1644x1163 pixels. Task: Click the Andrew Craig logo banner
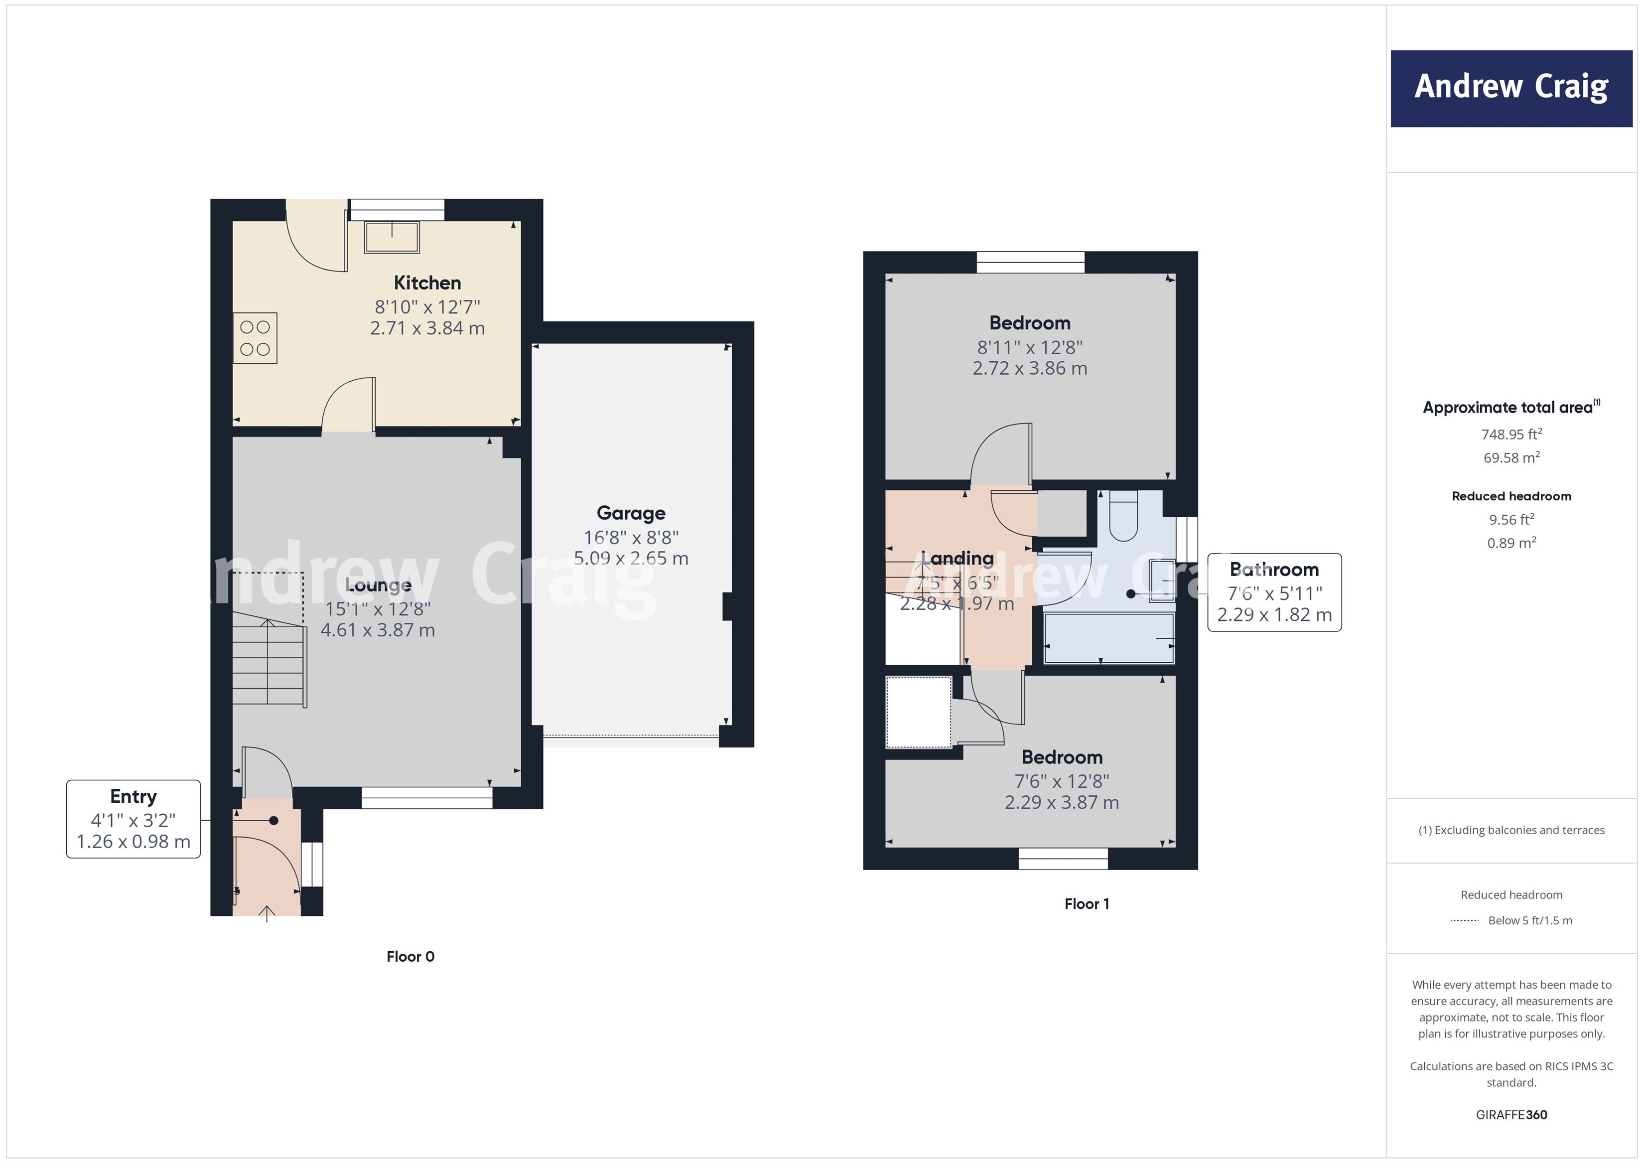coord(1511,88)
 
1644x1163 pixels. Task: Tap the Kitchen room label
coord(427,283)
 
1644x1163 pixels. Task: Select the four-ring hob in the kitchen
coord(255,338)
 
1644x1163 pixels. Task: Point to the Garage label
coord(631,513)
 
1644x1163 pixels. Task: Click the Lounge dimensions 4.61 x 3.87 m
coord(377,630)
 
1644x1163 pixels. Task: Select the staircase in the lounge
coord(269,659)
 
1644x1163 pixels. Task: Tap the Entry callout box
coord(133,819)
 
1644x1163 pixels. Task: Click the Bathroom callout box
coord(1274,592)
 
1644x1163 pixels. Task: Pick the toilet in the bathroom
coord(1123,516)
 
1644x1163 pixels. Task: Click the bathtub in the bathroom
coord(1109,637)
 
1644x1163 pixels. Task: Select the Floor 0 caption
coord(411,957)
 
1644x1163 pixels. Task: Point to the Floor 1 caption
coord(1086,904)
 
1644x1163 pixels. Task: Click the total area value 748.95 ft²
coord(1511,435)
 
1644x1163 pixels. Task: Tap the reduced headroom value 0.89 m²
coord(1511,543)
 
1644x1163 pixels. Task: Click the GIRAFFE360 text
coord(1511,1115)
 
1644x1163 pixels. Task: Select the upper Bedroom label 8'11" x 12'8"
coord(1030,347)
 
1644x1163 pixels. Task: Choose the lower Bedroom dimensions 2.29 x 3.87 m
coord(1061,803)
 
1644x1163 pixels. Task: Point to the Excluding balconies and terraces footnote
coord(1511,830)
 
